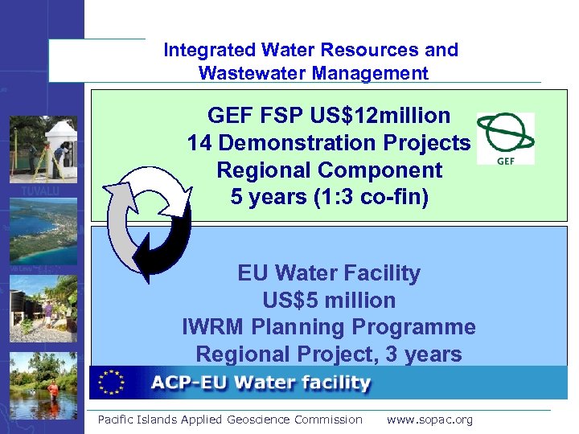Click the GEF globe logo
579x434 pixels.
tap(505, 134)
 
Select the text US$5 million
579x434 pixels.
tap(329, 301)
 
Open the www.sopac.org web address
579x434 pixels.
tap(429, 420)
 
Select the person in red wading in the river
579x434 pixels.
tap(53, 391)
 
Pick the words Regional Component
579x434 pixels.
tap(329, 170)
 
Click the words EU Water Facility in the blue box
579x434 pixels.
tap(329, 273)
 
